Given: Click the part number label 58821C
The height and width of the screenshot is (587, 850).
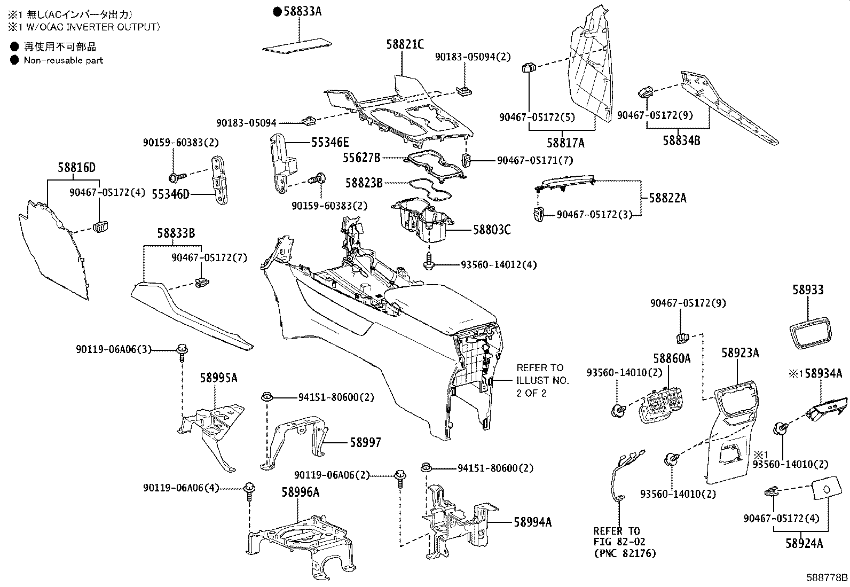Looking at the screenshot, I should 405,44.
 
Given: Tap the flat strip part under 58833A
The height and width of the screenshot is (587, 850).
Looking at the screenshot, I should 297,44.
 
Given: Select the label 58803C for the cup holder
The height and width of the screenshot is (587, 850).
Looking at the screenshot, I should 491,230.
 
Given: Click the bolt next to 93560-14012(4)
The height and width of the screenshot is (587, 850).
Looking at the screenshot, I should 429,263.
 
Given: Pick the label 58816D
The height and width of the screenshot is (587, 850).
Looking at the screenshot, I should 76,168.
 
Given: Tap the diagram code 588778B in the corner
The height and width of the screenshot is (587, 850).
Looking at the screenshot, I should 827,578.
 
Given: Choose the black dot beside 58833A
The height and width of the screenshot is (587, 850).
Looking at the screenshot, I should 277,11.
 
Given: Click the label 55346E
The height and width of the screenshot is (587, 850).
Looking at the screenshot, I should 330,142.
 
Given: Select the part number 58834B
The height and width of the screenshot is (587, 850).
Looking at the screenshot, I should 681,140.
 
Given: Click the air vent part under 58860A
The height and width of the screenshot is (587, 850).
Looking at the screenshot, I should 662,406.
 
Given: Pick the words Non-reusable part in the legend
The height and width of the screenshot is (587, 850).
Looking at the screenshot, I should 63,60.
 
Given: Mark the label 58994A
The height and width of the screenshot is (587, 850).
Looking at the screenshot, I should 532,522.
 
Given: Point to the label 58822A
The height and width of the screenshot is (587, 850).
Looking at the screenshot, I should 667,198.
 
